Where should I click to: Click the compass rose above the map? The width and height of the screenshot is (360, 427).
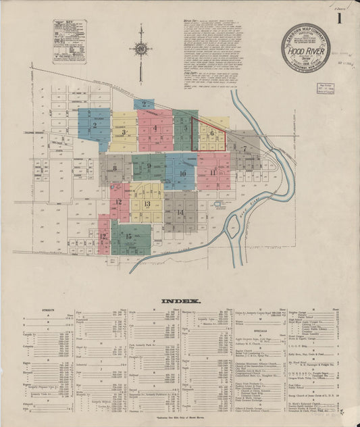point(141,47)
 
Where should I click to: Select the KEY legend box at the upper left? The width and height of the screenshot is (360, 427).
point(70,41)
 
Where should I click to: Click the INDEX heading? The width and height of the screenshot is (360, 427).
point(179,300)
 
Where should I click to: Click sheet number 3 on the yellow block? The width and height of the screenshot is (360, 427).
point(124,132)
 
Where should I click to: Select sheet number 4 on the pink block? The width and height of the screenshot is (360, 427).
point(155,128)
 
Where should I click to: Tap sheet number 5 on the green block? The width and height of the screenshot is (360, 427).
point(185,127)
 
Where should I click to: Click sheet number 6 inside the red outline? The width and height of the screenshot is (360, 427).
point(211,134)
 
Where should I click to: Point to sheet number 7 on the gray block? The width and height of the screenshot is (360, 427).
point(244,148)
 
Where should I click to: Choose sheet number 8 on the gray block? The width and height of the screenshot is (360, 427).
point(115,168)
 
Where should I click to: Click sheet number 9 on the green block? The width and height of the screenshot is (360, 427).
point(149,166)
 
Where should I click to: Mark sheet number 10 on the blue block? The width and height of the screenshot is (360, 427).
point(182,174)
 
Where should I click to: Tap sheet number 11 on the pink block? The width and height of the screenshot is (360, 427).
point(213,172)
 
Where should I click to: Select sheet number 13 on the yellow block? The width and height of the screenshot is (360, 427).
point(147,203)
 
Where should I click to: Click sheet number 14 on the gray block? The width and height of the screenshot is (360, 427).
point(180,212)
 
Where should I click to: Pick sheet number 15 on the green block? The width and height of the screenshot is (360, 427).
point(128,236)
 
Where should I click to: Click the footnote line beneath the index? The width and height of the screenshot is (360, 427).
point(179,418)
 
